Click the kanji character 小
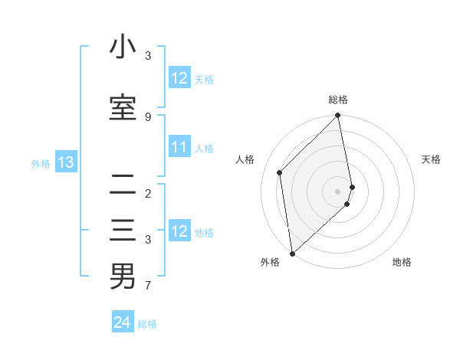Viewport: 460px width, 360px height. pyautogui.click(x=123, y=47)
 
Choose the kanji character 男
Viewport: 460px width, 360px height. pyautogui.click(x=123, y=276)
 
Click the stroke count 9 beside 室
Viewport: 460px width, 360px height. pyautogui.click(x=147, y=116)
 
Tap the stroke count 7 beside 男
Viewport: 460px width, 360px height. pyautogui.click(x=147, y=286)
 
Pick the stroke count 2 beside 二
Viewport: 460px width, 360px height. pyautogui.click(x=147, y=193)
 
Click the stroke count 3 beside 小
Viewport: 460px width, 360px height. pyautogui.click(x=147, y=56)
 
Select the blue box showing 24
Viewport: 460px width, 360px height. pyautogui.click(x=123, y=322)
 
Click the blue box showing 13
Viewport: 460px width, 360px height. pyautogui.click(x=65, y=162)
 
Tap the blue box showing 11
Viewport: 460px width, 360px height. pyautogui.click(x=179, y=147)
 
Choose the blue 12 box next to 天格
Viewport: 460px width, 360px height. pyautogui.click(x=179, y=78)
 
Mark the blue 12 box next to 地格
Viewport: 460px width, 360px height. pyautogui.click(x=179, y=231)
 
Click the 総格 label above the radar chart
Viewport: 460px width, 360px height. pyautogui.click(x=338, y=100)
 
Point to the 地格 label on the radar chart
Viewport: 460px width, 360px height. pyautogui.click(x=402, y=263)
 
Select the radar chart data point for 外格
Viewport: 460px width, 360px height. pyautogui.click(x=292, y=254)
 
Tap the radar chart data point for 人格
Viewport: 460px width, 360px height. pyautogui.click(x=280, y=172)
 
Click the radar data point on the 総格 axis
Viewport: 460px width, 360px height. pyautogui.click(x=338, y=116)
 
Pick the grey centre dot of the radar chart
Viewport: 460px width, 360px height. pyautogui.click(x=338, y=191)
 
